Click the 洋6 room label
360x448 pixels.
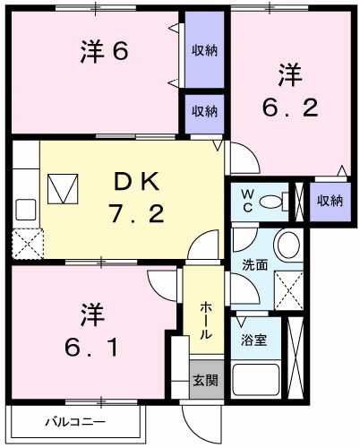105,52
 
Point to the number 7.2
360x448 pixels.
136,216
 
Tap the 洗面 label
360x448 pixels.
255,264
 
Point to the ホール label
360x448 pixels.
206,318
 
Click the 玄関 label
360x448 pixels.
205,380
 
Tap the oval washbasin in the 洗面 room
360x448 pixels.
287,244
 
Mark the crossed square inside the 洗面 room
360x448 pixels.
287,289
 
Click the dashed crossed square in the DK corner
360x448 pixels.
25,241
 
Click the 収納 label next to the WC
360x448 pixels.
329,200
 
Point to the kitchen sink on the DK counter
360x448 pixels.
24,209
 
